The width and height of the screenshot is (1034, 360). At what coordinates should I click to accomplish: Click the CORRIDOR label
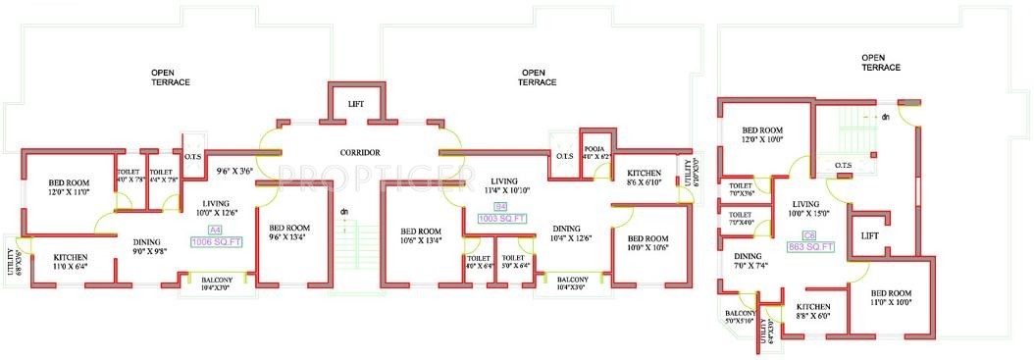(360, 152)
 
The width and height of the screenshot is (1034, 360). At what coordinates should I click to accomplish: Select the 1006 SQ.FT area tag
(218, 241)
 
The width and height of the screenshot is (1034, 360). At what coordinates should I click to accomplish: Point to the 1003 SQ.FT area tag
(499, 219)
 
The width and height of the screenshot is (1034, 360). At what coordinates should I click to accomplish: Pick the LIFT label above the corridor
(356, 104)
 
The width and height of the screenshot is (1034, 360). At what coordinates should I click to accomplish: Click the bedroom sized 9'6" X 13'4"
(289, 231)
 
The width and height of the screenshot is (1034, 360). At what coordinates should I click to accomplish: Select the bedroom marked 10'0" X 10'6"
(646, 243)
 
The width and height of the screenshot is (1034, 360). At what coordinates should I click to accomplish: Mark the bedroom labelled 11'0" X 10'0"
(891, 298)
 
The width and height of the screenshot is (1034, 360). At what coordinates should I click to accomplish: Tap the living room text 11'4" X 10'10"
(504, 186)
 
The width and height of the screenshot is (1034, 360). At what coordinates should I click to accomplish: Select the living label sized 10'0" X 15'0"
(809, 207)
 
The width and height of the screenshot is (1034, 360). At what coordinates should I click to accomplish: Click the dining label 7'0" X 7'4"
(752, 260)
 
